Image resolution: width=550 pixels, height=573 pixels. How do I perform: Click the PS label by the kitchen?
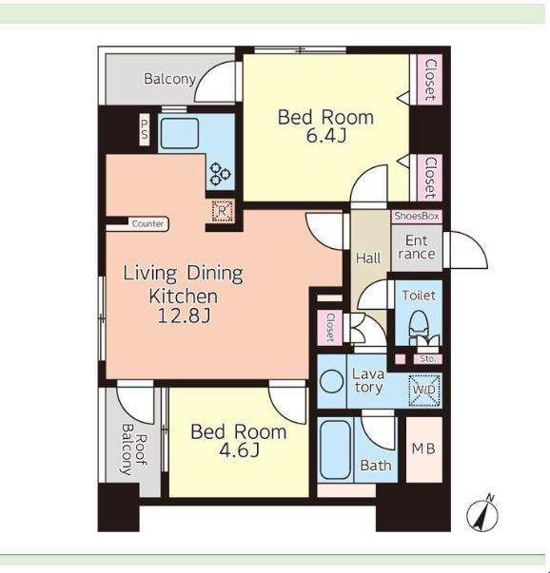coord(145,130)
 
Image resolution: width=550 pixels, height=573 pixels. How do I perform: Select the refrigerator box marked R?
coord(222,211)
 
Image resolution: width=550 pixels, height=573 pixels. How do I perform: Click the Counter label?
coord(147,223)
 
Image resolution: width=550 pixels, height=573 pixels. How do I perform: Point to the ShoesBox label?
coord(417,216)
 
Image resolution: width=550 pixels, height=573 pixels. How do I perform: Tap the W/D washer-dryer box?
coord(424,390)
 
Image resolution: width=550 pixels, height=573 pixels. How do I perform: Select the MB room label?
coord(423,449)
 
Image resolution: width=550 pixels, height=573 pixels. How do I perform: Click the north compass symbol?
coord(482,514)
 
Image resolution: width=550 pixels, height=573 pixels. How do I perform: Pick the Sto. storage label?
coord(428,359)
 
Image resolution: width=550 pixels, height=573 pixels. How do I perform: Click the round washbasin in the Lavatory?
coord(331,381)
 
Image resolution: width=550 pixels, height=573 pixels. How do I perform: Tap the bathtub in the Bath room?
coord(335,449)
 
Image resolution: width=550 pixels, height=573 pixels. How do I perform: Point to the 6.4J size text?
coord(325,137)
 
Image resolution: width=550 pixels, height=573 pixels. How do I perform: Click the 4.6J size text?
coord(239,450)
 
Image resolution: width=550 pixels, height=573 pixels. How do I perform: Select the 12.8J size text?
coord(184,315)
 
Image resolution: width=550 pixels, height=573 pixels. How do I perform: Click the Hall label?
coord(368,258)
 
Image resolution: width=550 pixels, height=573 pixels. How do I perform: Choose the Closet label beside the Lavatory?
coord(330,327)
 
